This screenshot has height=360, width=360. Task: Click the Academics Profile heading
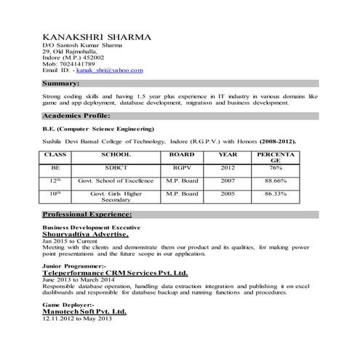[76, 116]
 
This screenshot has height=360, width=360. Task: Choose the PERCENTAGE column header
[275, 159]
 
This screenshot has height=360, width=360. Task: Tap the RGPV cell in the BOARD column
[181, 167]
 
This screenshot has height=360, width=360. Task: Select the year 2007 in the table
[228, 180]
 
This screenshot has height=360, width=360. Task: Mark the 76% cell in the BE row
[276, 167]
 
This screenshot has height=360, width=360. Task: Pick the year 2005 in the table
[228, 194]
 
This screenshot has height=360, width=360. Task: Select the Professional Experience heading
[87, 215]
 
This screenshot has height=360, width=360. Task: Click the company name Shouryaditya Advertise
[85, 235]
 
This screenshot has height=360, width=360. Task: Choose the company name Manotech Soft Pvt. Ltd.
[84, 311]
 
